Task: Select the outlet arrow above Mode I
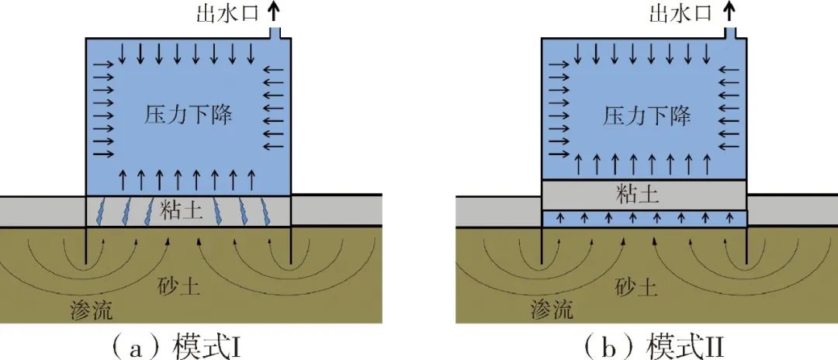272,11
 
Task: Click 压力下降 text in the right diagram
646,117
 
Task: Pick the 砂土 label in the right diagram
641,289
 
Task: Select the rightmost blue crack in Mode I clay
268,211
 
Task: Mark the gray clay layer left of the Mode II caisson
497,210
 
